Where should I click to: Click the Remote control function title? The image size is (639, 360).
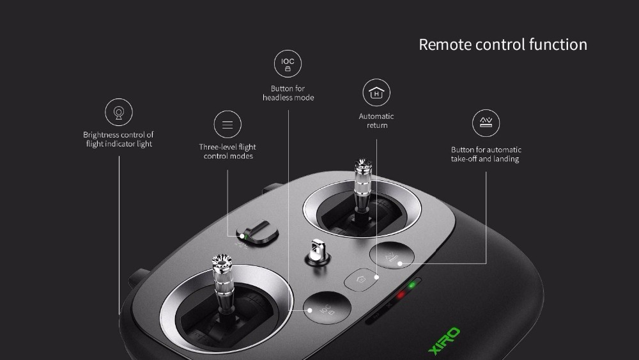[x=503, y=44]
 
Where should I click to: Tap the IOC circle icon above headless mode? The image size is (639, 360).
[x=288, y=63]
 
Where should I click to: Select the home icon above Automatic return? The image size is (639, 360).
[x=376, y=93]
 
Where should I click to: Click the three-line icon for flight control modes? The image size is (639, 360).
[x=227, y=124]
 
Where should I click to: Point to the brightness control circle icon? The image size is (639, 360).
[x=119, y=112]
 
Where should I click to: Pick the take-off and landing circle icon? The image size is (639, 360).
[x=486, y=123]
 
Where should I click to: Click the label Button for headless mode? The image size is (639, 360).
[x=288, y=93]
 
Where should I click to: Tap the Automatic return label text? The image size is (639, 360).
[x=376, y=121]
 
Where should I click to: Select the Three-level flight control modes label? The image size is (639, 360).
[x=228, y=152]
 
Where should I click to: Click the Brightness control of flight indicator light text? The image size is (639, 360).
[x=119, y=139]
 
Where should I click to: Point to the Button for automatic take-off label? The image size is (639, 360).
[x=486, y=154]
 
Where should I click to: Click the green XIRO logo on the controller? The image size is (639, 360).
[x=444, y=341]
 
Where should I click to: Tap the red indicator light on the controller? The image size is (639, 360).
[x=401, y=294]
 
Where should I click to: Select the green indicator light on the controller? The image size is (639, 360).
[x=412, y=285]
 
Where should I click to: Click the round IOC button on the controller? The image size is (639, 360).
[x=327, y=308]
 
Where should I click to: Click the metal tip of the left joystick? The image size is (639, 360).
[x=222, y=262]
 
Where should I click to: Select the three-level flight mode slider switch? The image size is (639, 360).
[x=258, y=232]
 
